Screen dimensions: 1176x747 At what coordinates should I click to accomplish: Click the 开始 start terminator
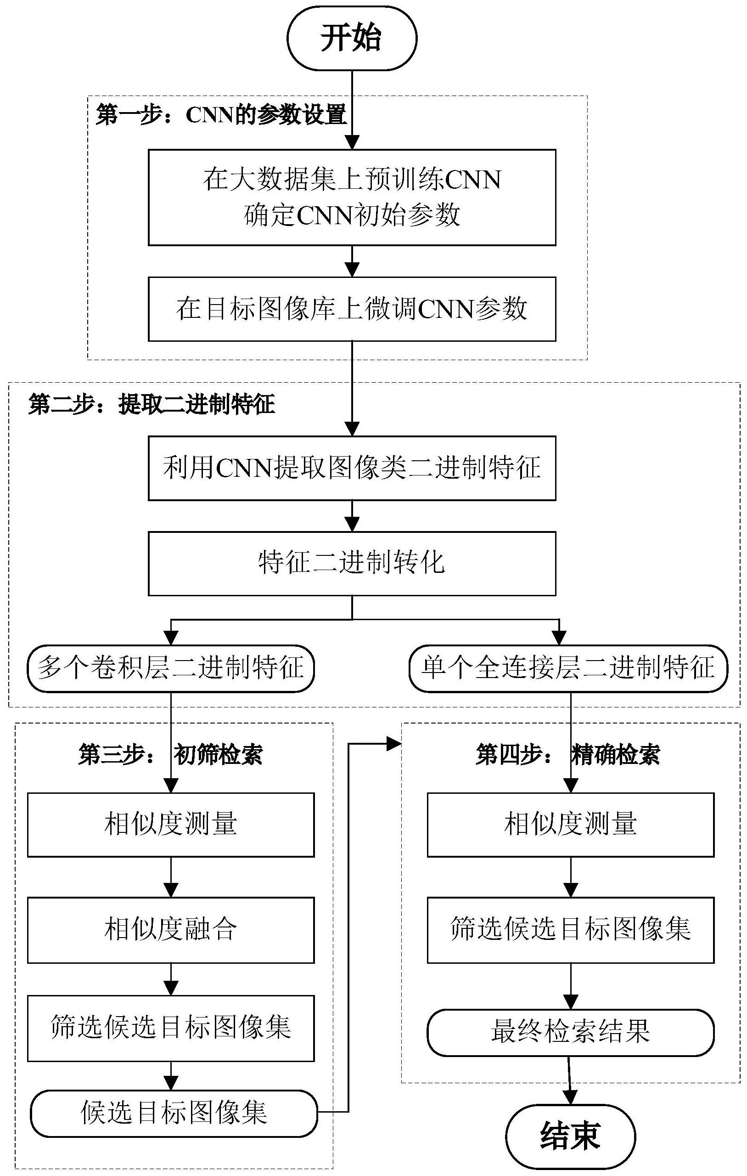(352, 38)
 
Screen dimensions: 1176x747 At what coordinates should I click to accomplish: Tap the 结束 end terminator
(570, 1136)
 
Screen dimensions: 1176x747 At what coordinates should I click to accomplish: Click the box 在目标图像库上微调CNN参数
(352, 309)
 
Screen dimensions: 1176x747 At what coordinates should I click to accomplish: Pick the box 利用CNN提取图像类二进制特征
(352, 468)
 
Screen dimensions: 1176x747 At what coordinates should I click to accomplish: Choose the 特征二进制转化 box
(352, 563)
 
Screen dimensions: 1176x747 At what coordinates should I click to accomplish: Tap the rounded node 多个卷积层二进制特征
(170, 668)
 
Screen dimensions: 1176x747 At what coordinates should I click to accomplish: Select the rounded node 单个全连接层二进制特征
(568, 668)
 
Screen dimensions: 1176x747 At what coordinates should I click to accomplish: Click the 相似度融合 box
(170, 929)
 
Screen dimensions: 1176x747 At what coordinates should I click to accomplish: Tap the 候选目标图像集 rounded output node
(174, 1113)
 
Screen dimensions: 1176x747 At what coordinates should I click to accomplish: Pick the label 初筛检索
(218, 755)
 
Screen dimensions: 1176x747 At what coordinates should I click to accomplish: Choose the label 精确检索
(615, 755)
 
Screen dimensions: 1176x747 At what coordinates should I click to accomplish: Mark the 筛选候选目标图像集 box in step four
(570, 929)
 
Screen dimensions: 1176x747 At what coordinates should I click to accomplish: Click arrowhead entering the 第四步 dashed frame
(394, 744)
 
